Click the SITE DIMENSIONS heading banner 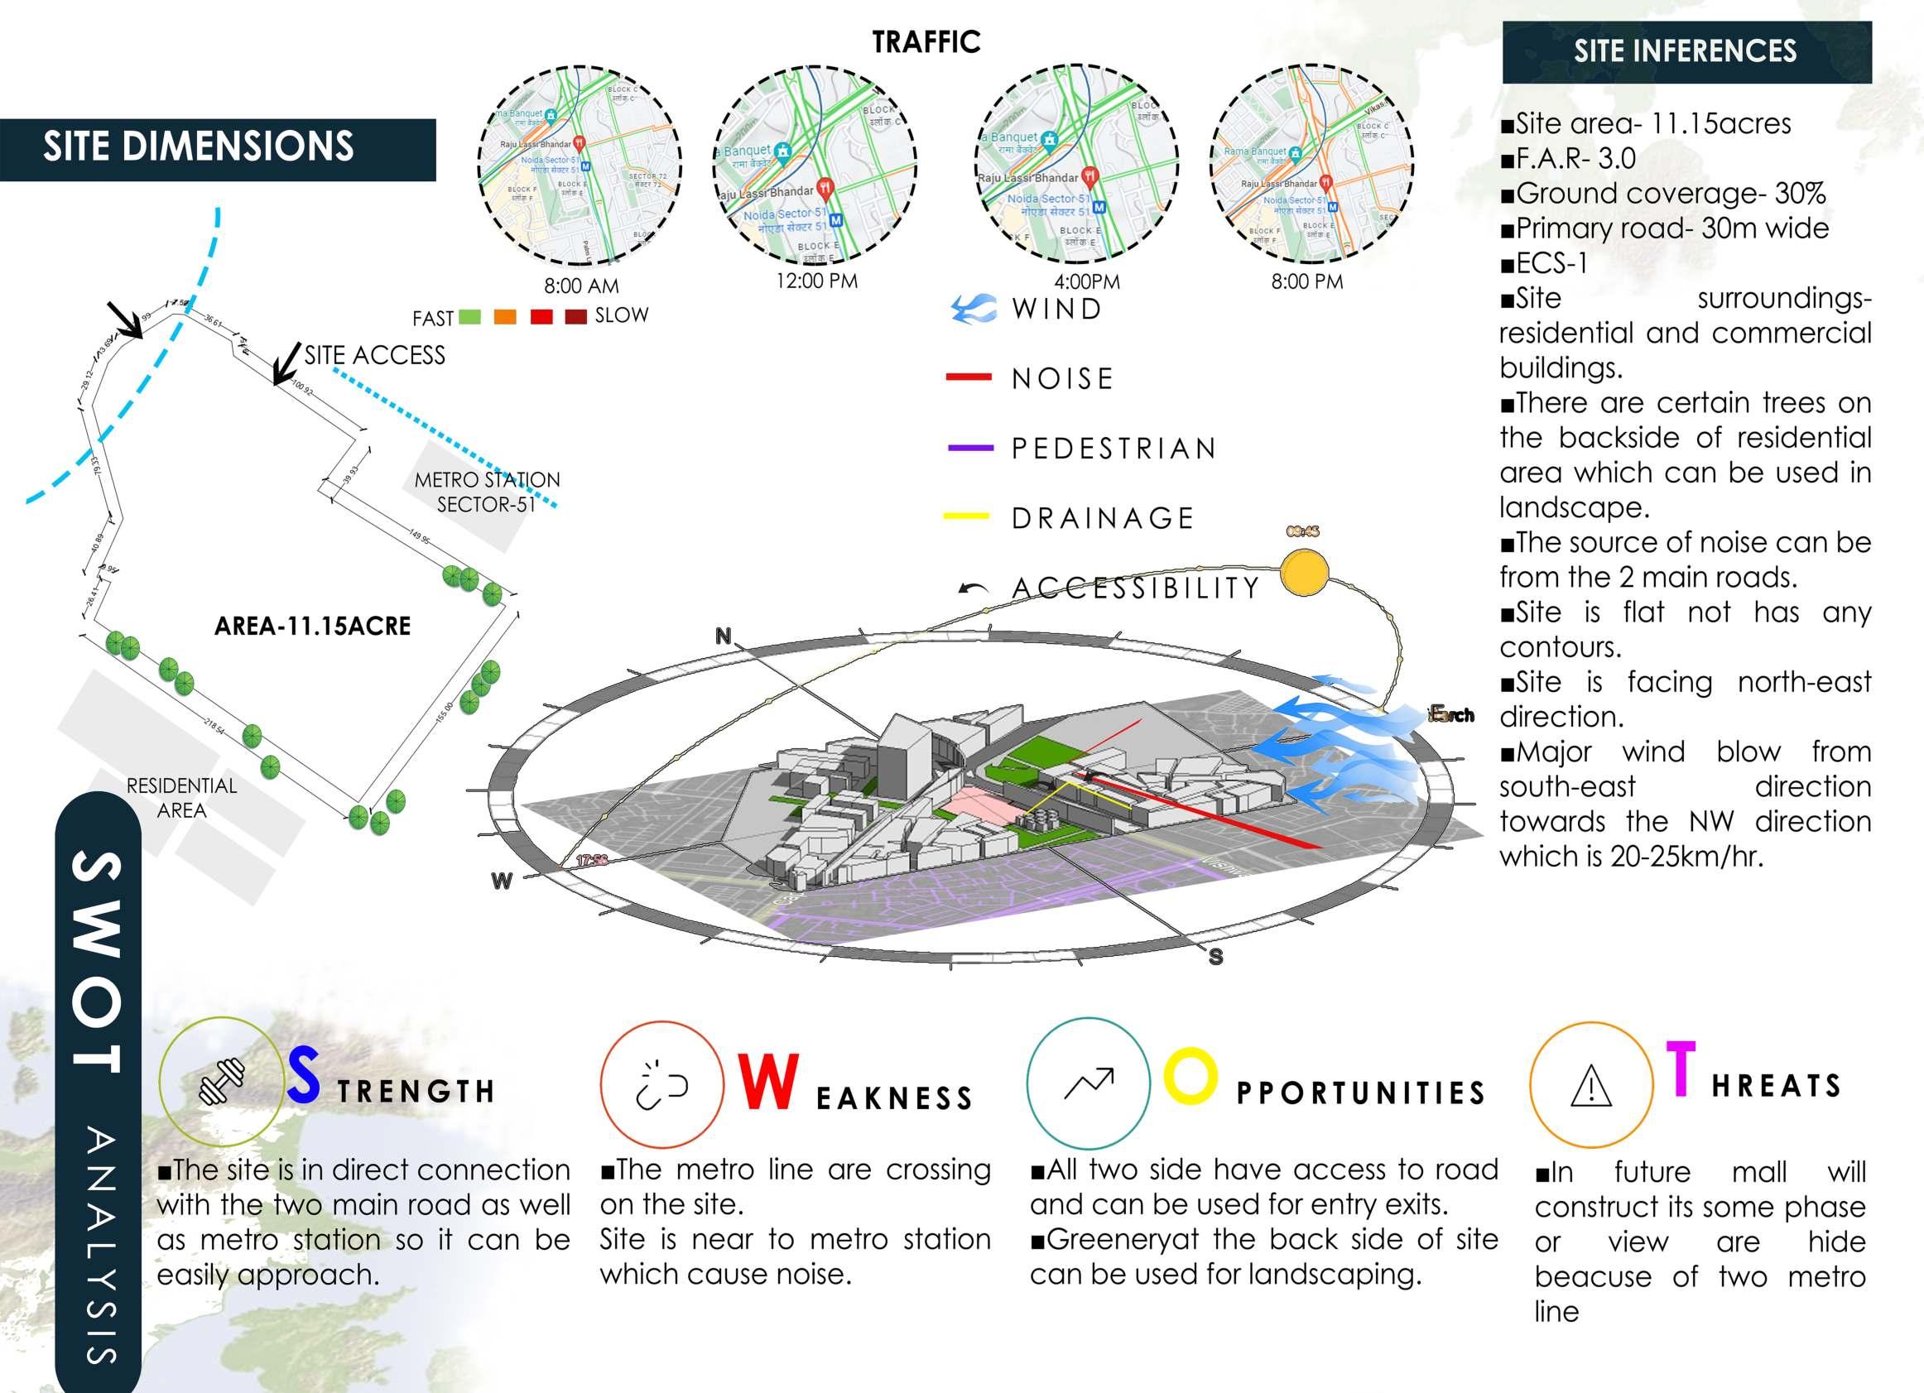point(217,148)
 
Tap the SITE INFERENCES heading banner point(1686,52)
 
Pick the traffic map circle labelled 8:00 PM point(1311,165)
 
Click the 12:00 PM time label point(817,281)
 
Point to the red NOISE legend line point(968,377)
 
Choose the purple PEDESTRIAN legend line point(969,447)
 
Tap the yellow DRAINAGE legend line point(966,516)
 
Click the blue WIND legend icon point(974,309)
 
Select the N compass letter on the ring point(723,636)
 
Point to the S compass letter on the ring point(1215,957)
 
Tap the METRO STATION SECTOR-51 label point(487,492)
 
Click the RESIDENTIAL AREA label point(181,797)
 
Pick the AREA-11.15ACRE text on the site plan point(312,626)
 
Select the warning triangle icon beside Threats point(1590,1087)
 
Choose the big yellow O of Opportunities point(1190,1078)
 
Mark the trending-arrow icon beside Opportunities point(1089,1083)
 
